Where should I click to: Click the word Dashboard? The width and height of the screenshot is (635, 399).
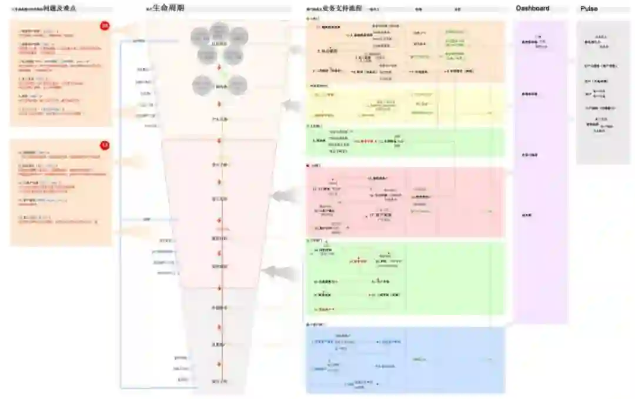coord(533,8)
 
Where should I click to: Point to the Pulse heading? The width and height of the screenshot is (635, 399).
coord(589,9)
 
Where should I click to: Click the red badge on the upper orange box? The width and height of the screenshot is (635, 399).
coord(105,26)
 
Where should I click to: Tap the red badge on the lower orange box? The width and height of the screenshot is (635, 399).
coord(105,145)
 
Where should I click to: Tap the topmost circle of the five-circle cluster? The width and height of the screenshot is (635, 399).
coord(219,31)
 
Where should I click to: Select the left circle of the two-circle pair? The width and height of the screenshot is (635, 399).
coord(203,85)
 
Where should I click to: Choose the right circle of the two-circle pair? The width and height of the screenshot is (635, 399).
coord(237,85)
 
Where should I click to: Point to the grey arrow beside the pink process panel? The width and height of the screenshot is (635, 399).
coord(285,196)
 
